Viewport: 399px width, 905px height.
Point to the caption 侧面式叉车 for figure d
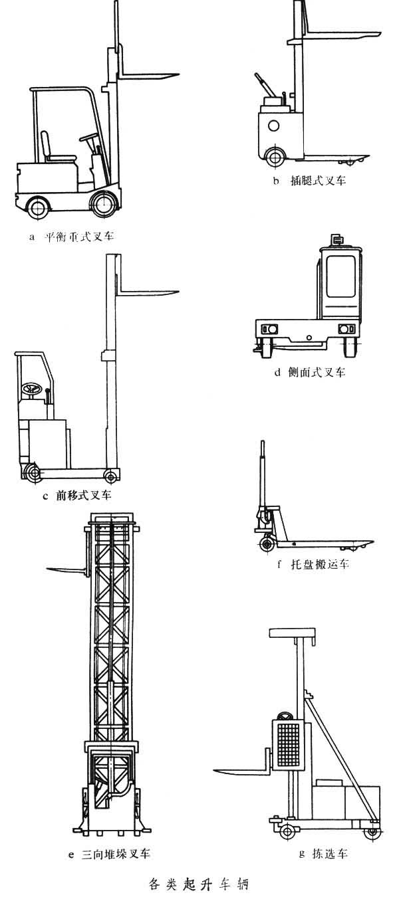click(x=317, y=373)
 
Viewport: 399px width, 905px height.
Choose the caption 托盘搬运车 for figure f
click(x=317, y=565)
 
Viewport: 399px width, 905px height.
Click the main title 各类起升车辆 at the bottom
click(x=199, y=884)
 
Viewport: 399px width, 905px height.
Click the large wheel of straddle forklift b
click(x=274, y=157)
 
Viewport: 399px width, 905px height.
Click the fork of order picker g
click(x=239, y=770)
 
